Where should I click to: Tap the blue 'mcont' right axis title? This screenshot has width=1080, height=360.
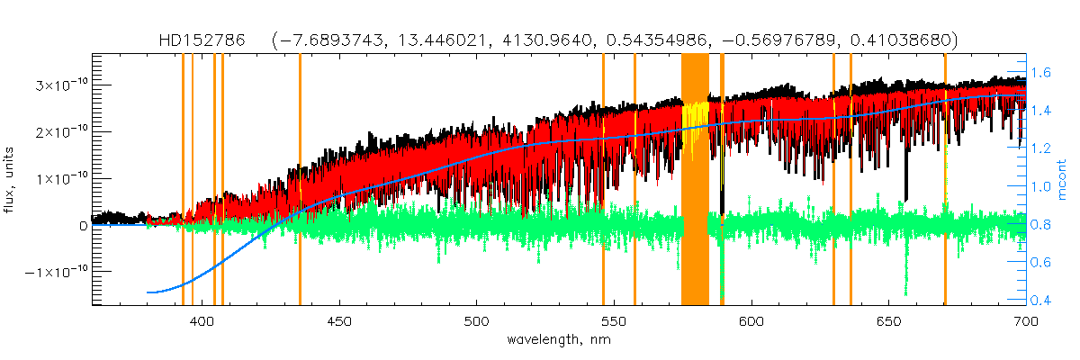point(1070,181)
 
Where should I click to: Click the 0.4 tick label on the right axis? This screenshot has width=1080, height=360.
point(1042,300)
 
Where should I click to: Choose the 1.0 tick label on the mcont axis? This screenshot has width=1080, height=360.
point(1042,186)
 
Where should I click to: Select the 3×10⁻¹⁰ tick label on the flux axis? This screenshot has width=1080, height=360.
point(59,85)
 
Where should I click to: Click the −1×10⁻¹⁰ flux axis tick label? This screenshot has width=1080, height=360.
point(55,271)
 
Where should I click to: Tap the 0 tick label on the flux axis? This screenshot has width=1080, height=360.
point(83,225)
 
